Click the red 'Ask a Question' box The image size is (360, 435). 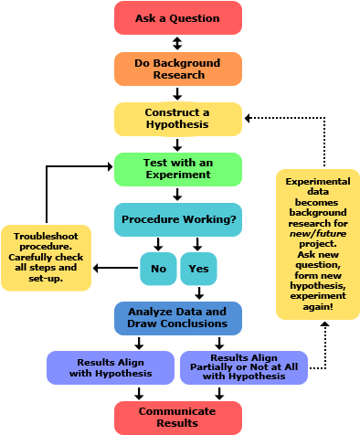point(178,18)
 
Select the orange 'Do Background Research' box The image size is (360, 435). point(178,69)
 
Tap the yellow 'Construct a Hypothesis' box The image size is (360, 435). point(178,119)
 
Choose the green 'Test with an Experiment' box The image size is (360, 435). point(178,169)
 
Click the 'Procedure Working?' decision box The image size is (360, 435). point(178,219)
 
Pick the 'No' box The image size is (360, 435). point(158,270)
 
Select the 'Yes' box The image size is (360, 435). point(198,270)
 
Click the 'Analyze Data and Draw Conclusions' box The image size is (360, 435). point(178,318)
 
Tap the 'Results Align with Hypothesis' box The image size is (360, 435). point(111,367)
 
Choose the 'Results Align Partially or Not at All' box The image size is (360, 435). point(244,367)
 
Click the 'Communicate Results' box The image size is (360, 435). point(178,418)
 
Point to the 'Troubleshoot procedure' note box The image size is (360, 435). point(46,259)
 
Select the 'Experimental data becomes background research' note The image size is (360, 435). point(318,244)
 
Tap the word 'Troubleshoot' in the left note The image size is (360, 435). point(46,237)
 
